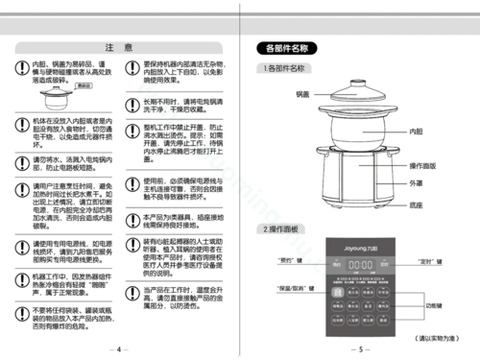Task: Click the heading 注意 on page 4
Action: point(119,46)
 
